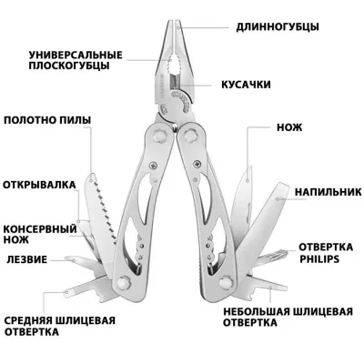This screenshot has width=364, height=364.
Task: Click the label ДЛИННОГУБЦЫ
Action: point(278,27)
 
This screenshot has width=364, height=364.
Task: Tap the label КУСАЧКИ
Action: point(246,85)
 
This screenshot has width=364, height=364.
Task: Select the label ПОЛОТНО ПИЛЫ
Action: point(47,120)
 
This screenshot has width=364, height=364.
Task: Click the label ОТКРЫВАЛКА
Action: point(39,185)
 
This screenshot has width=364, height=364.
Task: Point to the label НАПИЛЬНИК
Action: point(329,192)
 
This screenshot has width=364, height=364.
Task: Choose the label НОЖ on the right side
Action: point(289,127)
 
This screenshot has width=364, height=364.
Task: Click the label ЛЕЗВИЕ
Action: point(27,259)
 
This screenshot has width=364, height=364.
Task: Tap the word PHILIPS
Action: point(319,259)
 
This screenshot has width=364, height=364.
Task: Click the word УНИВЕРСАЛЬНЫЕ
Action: point(76,56)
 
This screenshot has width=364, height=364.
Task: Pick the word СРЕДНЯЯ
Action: point(28,320)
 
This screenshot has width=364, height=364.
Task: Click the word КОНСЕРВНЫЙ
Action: point(40,228)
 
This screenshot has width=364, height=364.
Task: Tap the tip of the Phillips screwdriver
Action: point(287,251)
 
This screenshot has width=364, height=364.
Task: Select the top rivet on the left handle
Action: point(159,135)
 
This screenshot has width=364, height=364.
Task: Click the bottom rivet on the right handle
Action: point(226,282)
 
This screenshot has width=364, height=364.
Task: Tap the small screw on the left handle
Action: point(154,166)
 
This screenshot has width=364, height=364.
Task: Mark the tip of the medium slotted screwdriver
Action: point(66,292)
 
